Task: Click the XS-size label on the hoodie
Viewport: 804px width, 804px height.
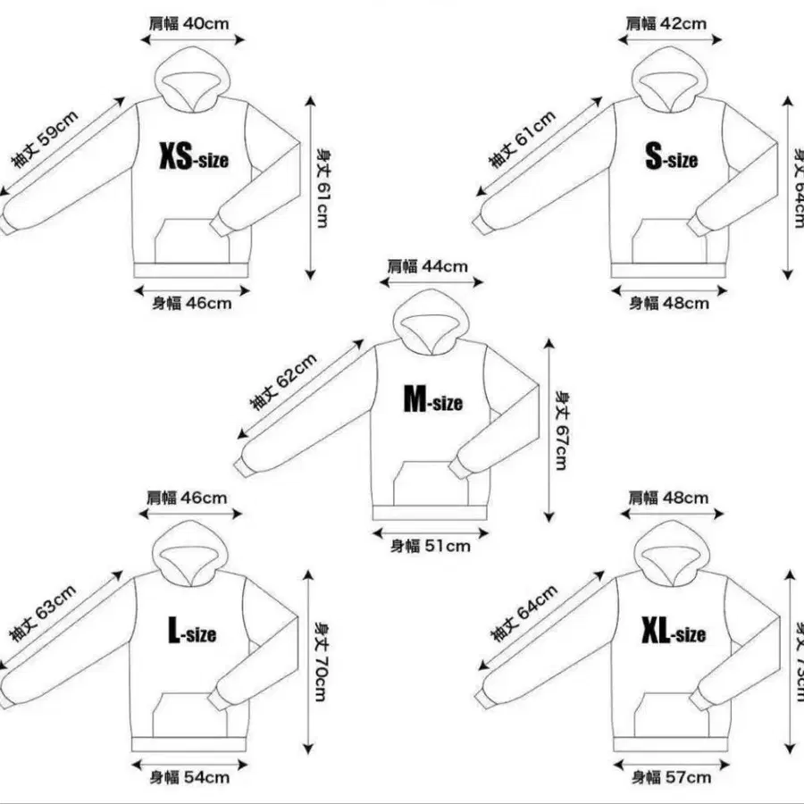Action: tap(194, 159)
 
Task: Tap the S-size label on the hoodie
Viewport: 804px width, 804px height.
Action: tap(671, 159)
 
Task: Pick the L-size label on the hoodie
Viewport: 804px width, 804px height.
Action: tap(192, 633)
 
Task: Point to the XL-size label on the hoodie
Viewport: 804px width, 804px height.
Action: tap(673, 633)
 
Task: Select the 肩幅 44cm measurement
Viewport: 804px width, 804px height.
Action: tap(427, 265)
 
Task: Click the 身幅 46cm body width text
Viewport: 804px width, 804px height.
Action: tap(191, 303)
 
